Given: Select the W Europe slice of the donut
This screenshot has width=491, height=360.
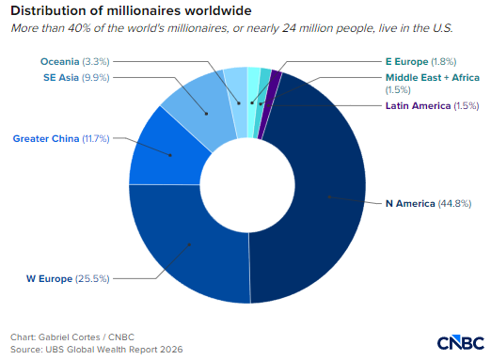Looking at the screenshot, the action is pyautogui.click(x=188, y=247).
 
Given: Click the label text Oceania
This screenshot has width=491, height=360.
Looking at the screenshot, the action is pyautogui.click(x=59, y=61).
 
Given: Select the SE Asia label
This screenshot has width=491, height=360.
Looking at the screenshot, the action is pyautogui.click(x=61, y=77).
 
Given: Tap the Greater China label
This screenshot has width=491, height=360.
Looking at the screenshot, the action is pyautogui.click(x=46, y=138).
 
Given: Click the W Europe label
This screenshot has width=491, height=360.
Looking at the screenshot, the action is pyautogui.click(x=49, y=278).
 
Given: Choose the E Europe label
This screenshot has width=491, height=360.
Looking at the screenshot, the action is pyautogui.click(x=406, y=61).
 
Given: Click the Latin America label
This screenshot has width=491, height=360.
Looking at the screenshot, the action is pyautogui.click(x=418, y=106).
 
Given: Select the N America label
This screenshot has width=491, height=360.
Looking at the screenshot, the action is pyautogui.click(x=410, y=204).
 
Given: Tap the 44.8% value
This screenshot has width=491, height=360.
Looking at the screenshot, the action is pyautogui.click(x=454, y=204).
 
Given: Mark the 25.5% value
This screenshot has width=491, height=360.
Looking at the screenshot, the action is pyautogui.click(x=92, y=278).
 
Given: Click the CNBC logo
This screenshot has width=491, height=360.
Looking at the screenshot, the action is pyautogui.click(x=461, y=342).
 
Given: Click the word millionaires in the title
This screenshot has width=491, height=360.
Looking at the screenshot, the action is pyautogui.click(x=144, y=11).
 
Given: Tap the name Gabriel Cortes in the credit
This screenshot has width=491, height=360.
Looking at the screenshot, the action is pyautogui.click(x=69, y=337).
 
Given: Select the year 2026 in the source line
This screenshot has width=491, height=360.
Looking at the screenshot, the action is pyautogui.click(x=171, y=350).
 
